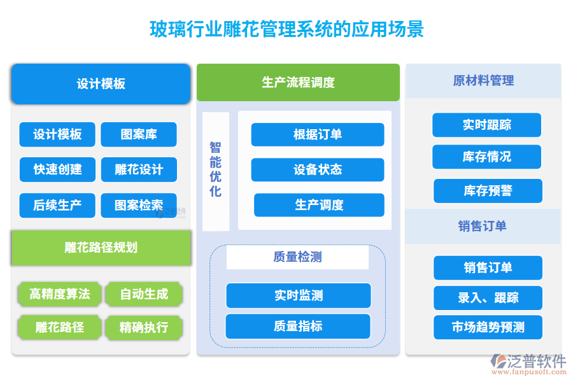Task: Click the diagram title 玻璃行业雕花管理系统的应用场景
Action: (286, 29)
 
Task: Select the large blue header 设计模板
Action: (101, 83)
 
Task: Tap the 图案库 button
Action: (139, 134)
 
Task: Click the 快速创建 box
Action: (57, 170)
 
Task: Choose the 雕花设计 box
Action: (139, 170)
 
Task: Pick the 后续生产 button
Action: (57, 205)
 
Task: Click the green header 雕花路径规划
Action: (101, 248)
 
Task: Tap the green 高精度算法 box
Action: (59, 294)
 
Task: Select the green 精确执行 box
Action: (144, 327)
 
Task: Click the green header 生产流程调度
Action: (298, 82)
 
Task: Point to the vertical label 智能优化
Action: (216, 170)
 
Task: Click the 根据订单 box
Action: (317, 134)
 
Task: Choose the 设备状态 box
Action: (317, 170)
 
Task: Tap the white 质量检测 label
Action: (297, 257)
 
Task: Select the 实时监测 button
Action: (298, 295)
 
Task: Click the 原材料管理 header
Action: (483, 81)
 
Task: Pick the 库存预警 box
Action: (488, 191)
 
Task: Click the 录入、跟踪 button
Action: (488, 298)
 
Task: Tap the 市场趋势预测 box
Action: (488, 327)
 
